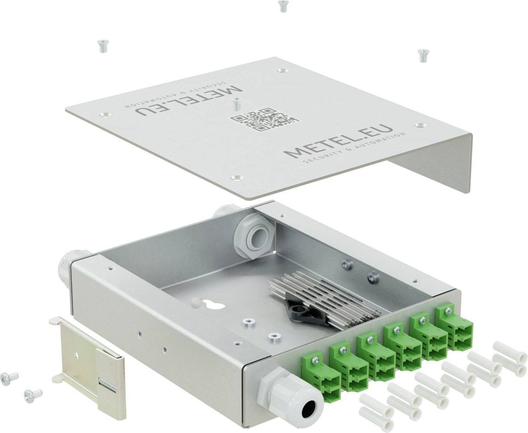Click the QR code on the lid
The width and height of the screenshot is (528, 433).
pos(264,119)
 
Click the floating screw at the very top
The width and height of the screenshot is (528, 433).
pos(282,6)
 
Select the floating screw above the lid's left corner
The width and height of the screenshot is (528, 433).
pos(102,45)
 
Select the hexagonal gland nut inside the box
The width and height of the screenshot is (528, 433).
pos(253,236)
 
